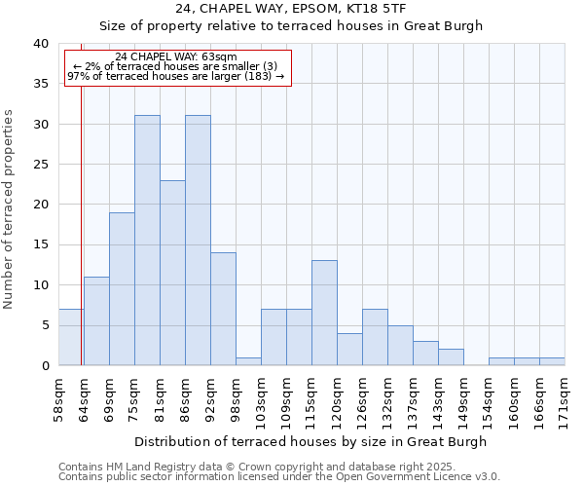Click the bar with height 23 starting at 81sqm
pos(172,273)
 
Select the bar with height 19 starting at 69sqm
pos(122,288)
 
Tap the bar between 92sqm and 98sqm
pos(223,309)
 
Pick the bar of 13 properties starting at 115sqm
pos(324,313)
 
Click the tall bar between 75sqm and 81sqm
pos(147,241)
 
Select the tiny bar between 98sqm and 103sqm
pos(248,361)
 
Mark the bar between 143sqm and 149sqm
pos(451,356)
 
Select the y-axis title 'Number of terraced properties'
pos(9,209)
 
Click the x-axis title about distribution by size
pos(311,441)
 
